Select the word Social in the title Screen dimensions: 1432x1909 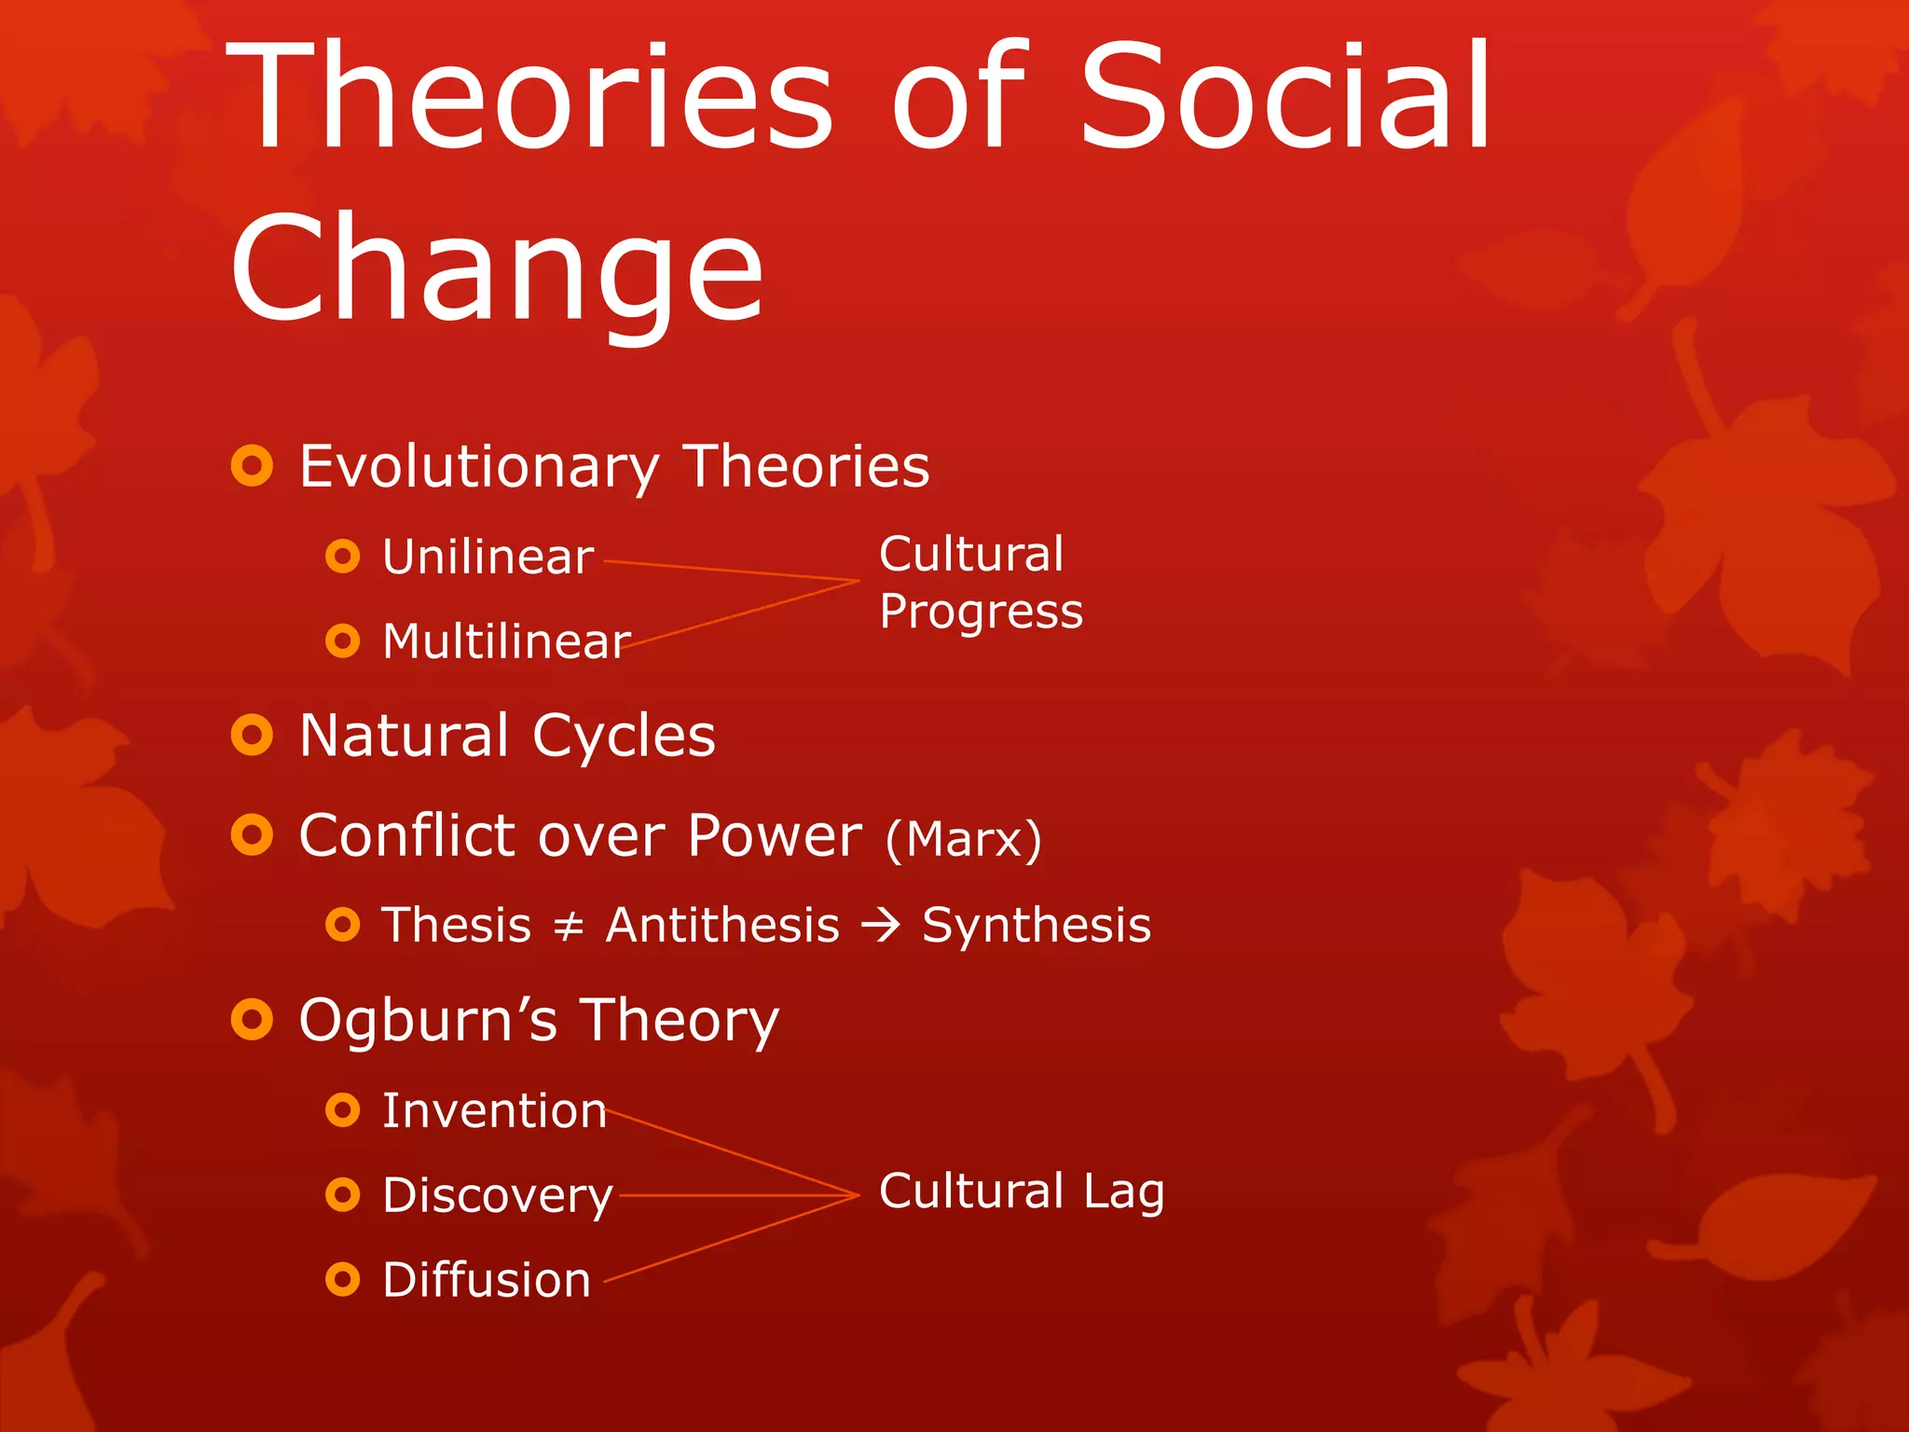[1286, 98]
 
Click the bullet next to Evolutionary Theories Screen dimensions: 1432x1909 [252, 465]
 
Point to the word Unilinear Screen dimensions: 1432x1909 [488, 558]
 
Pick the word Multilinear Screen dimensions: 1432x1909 [506, 641]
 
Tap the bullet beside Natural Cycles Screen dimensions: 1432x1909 [252, 735]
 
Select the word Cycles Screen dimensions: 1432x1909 [624, 737]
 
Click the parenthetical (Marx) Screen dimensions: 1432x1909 [963, 839]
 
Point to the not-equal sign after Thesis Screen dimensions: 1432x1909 [569, 927]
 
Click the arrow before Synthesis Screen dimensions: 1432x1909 [881, 925]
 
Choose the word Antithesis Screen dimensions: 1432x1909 [722, 926]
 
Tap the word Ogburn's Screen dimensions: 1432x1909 [428, 1020]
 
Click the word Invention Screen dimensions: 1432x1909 [494, 1111]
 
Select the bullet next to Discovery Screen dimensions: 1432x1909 [343, 1194]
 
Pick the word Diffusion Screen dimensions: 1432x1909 [487, 1280]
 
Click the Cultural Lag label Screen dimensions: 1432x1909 [1021, 1191]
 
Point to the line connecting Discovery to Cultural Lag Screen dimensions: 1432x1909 [736, 1195]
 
